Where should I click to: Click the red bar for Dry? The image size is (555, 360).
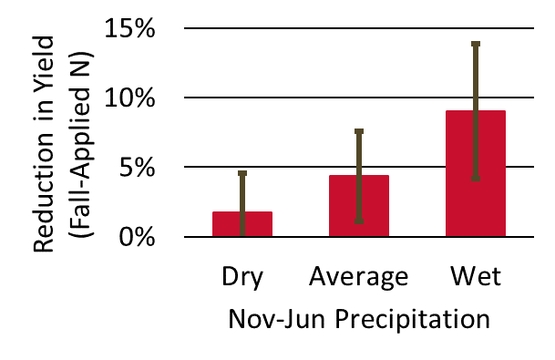coord(242,224)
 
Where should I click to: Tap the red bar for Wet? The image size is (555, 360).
coord(476,173)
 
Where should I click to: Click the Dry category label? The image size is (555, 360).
coord(242,277)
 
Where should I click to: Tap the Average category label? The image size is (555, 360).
coord(359,277)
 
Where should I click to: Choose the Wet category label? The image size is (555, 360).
coord(476,277)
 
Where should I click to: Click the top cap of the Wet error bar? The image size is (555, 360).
coord(476,44)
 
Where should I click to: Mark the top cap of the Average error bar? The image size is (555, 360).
coord(359,132)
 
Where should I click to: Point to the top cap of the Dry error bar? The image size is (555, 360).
coord(242,173)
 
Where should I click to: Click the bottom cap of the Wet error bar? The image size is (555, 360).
coord(476,180)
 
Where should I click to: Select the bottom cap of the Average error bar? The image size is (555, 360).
coord(359,221)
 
